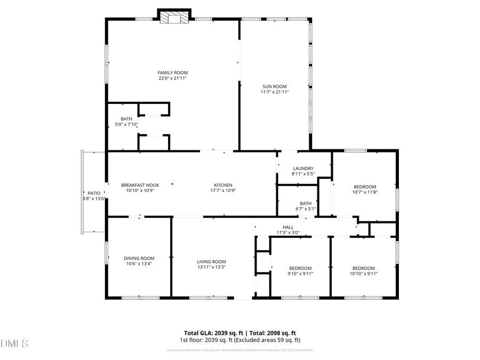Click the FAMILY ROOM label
[172, 73]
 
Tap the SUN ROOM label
[274, 86]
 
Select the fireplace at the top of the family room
[174, 18]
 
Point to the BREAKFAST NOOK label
[140, 185]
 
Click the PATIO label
[94, 193]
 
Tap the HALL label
[287, 227]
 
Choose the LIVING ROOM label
[211, 262]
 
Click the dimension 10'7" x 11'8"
[365, 192]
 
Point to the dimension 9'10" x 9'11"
[300, 274]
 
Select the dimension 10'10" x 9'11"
[363, 274]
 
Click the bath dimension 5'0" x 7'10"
[126, 124]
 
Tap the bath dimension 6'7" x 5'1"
[306, 209]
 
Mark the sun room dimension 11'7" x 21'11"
[274, 92]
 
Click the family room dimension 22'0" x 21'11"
[172, 78]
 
